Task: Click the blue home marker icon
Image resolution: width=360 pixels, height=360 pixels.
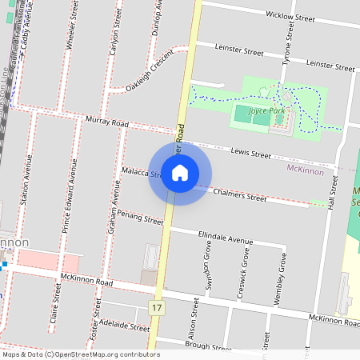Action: click(x=180, y=172)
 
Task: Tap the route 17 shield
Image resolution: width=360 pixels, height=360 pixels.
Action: click(x=155, y=308)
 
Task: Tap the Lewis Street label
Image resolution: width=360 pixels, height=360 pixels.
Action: click(x=250, y=151)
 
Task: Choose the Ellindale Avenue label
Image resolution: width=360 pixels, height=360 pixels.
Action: click(x=224, y=238)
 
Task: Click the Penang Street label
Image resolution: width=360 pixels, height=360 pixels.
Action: click(x=134, y=216)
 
